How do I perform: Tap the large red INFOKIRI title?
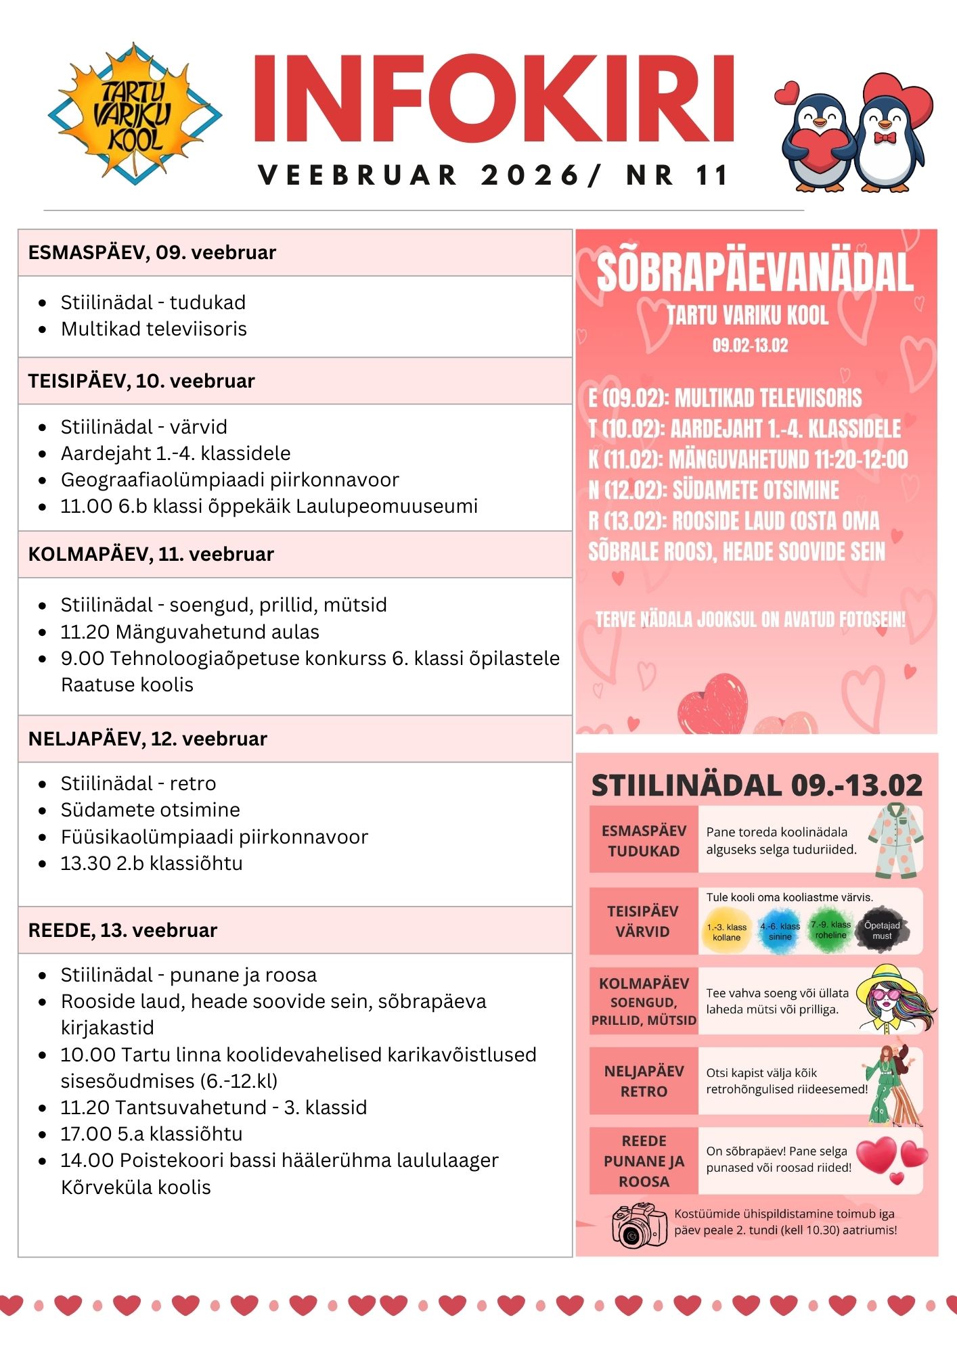[x=494, y=99]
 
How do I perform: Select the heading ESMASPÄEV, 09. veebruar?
[x=152, y=253]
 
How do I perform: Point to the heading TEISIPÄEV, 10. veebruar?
[x=141, y=381]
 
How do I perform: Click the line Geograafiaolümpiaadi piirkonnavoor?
[x=229, y=480]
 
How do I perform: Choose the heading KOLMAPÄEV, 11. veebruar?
[x=151, y=554]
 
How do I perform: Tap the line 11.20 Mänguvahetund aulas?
[x=190, y=632]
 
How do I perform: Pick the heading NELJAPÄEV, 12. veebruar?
[x=148, y=739]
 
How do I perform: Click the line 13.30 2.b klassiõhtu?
[x=152, y=863]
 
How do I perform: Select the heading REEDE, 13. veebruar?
[x=123, y=930]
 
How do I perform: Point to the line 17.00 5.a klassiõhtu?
[x=152, y=1134]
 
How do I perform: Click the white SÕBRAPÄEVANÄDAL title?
[x=755, y=272]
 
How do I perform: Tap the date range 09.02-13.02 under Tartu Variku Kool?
[x=750, y=346]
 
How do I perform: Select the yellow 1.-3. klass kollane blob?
[x=726, y=932]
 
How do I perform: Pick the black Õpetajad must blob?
[x=882, y=931]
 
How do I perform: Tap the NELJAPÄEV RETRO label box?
[x=644, y=1081]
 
